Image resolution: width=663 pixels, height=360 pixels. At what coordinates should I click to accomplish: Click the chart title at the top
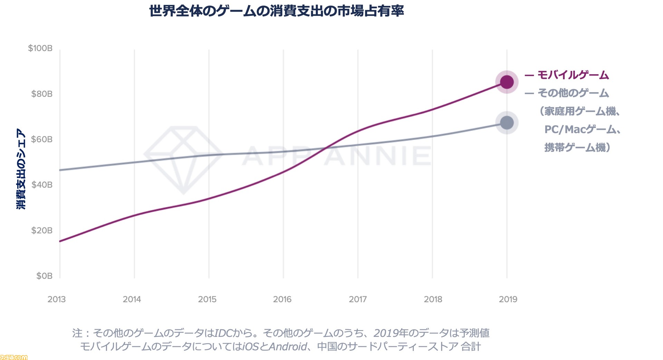[276, 11]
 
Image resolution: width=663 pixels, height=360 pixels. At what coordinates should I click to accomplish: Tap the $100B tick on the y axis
[40, 48]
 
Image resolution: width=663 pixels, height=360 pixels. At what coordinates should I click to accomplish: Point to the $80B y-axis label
[42, 94]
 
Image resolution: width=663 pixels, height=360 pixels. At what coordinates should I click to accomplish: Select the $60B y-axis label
[42, 139]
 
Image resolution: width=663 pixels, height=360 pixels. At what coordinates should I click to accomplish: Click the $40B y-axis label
[42, 185]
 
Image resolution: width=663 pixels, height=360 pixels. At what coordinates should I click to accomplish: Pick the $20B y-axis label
[42, 231]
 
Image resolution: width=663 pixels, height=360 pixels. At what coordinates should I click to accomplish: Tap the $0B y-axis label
[44, 276]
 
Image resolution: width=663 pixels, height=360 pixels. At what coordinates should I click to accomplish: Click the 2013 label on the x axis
[57, 299]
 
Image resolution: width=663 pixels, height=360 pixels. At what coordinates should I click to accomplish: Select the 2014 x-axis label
[132, 299]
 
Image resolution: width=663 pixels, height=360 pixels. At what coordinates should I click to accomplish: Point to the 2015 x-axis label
[207, 299]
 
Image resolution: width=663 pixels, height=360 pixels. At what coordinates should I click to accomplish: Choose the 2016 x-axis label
[282, 299]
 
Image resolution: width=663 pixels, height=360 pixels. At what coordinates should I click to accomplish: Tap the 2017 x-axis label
[358, 299]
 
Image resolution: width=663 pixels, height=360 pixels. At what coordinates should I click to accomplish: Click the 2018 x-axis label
[433, 299]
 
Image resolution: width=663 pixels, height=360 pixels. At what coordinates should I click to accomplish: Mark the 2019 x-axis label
[508, 299]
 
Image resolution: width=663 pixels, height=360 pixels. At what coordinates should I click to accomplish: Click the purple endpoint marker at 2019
[507, 82]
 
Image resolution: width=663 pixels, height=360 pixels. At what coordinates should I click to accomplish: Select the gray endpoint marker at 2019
[507, 123]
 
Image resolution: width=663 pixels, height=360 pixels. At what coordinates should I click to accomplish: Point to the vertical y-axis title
[21, 169]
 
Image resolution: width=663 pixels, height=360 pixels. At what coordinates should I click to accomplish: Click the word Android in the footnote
[288, 347]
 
